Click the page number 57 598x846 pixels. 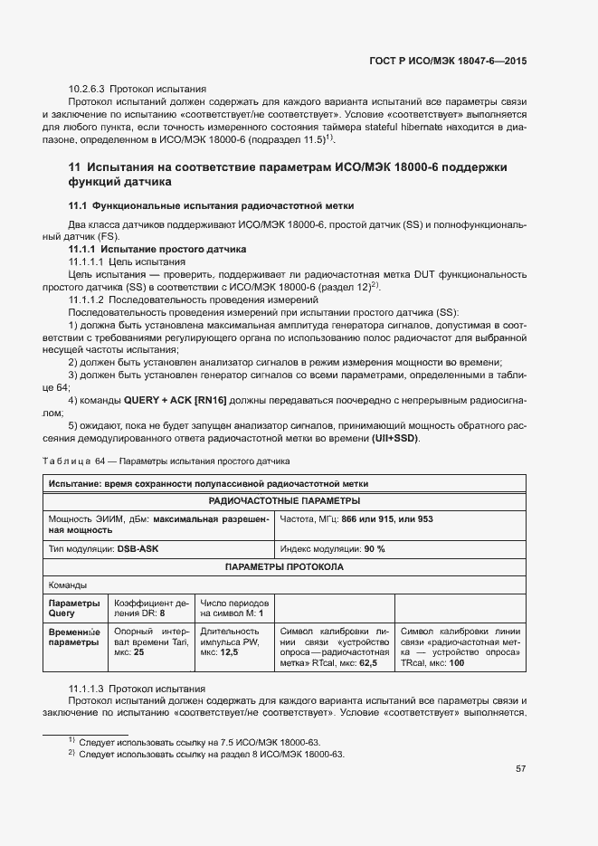coord(520,769)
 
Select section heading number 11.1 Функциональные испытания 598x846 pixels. coord(211,206)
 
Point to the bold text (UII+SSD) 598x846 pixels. coord(395,439)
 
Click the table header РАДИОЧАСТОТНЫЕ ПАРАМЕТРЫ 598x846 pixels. coord(284,500)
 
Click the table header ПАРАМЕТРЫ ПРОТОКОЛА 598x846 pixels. coord(284,567)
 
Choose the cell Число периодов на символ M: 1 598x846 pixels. coord(233,607)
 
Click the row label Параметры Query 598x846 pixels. coord(74,607)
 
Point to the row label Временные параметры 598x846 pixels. coord(76,637)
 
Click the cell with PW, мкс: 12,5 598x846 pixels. coord(233,642)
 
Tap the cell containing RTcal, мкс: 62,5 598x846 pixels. coord(335,647)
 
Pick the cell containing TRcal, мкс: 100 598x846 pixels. coord(460,647)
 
